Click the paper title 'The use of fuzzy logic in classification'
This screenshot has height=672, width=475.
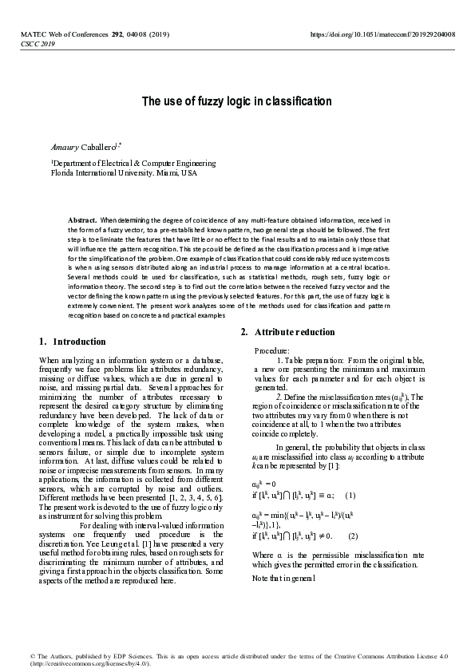click(236, 101)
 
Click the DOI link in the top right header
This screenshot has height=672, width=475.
click(382, 35)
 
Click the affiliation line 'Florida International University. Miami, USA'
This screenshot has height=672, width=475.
click(123, 172)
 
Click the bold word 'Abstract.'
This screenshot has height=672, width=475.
click(83, 219)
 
